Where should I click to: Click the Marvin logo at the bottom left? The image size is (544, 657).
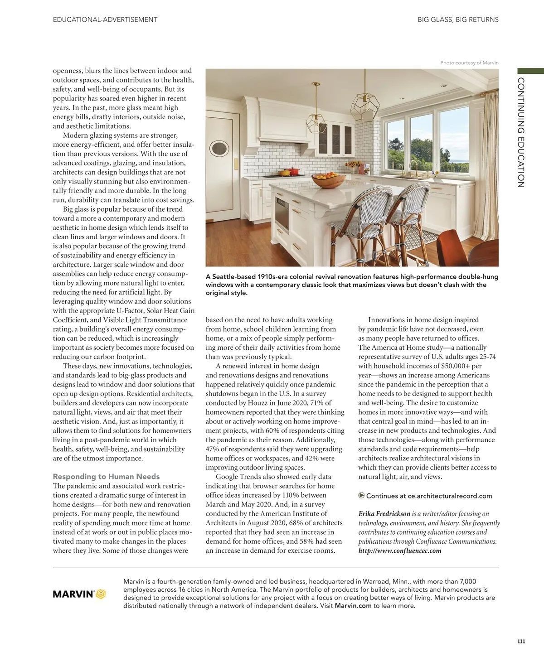pyautogui.click(x=79, y=594)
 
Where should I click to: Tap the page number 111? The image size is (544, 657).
pyautogui.click(x=521, y=641)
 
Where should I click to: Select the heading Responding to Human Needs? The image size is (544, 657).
pyautogui.click(x=106, y=476)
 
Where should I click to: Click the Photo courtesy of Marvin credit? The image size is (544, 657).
pyautogui.click(x=469, y=63)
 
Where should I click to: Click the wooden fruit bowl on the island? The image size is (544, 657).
pyautogui.click(x=328, y=180)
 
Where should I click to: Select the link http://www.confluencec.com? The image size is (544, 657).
pyautogui.click(x=399, y=551)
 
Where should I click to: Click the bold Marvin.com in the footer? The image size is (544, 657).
pyautogui.click(x=353, y=606)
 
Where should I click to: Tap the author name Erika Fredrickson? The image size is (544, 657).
pyautogui.click(x=384, y=514)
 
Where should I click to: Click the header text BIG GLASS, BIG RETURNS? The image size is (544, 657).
pyautogui.click(x=458, y=19)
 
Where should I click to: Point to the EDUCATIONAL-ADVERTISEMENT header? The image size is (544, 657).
pyautogui.click(x=105, y=19)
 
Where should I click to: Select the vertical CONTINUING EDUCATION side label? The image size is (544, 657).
pyautogui.click(x=521, y=132)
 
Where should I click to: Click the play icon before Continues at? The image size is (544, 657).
pyautogui.click(x=361, y=495)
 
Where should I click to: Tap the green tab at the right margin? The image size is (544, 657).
pyautogui.click(x=530, y=71)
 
